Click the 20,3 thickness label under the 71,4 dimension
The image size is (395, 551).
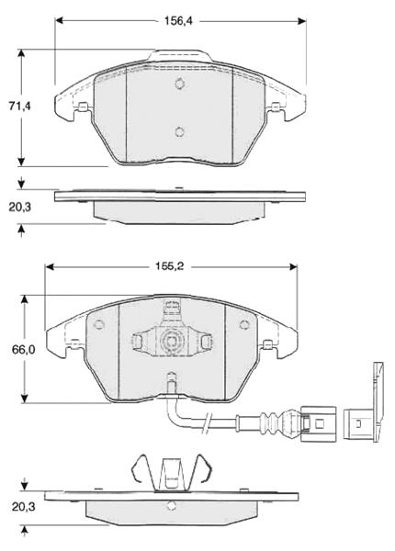(20, 208)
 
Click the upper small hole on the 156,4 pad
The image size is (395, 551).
(180, 84)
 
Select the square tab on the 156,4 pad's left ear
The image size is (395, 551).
(85, 109)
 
